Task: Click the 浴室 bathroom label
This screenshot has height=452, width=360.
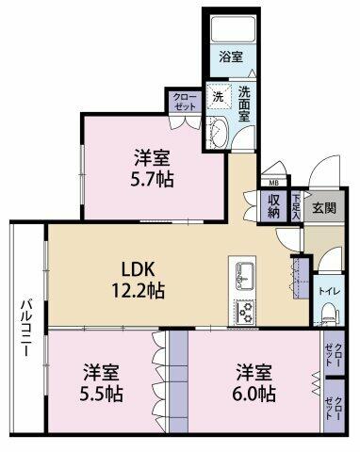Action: (x=231, y=57)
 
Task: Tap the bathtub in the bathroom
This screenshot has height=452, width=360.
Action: (x=233, y=29)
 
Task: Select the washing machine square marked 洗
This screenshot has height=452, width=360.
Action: (x=219, y=97)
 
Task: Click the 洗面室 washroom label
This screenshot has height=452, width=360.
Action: (x=244, y=104)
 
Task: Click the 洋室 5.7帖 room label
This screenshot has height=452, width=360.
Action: (x=153, y=169)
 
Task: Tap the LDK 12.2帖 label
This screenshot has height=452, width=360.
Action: (x=138, y=280)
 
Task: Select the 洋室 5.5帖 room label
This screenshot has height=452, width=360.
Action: (x=101, y=382)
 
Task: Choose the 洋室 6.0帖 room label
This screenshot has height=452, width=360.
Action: (x=254, y=382)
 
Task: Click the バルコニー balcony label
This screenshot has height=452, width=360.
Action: (x=27, y=328)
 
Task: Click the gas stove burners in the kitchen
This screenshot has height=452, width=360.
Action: (x=245, y=313)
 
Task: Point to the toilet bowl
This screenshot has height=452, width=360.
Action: (x=329, y=313)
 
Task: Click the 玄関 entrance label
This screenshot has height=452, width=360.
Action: (x=324, y=207)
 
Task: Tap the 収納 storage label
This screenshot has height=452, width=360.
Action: (x=273, y=205)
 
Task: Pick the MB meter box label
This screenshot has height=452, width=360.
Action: (x=273, y=183)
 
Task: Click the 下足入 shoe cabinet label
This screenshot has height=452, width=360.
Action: (x=296, y=206)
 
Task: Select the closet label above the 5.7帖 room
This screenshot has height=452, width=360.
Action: (x=184, y=102)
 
